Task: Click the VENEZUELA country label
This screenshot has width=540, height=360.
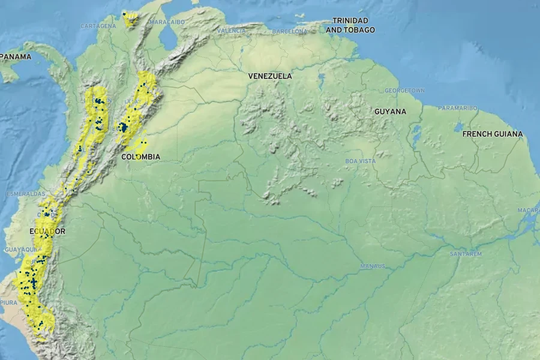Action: point(270,76)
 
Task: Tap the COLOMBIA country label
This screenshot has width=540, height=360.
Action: point(140,157)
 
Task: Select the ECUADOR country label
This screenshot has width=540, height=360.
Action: point(47,231)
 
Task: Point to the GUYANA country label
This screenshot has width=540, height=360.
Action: point(390,112)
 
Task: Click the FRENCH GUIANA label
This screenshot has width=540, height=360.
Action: point(492,134)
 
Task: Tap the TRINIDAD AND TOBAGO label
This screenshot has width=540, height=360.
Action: point(350,25)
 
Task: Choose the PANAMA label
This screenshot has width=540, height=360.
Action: point(16,57)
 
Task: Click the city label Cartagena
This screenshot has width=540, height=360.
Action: point(98,26)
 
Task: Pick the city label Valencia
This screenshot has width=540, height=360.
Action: point(231,30)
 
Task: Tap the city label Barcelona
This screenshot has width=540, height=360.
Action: point(289,31)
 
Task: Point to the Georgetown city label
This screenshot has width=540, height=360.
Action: point(404,90)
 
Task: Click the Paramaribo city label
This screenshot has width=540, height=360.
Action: point(457,108)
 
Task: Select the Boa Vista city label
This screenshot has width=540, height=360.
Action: point(360,161)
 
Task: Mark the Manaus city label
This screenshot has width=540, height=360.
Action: point(372,266)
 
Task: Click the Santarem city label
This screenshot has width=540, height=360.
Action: point(466,254)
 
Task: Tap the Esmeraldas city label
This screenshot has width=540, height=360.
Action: point(25,194)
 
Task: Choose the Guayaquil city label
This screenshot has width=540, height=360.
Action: point(19,249)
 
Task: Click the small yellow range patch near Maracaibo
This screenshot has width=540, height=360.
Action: point(129,19)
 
